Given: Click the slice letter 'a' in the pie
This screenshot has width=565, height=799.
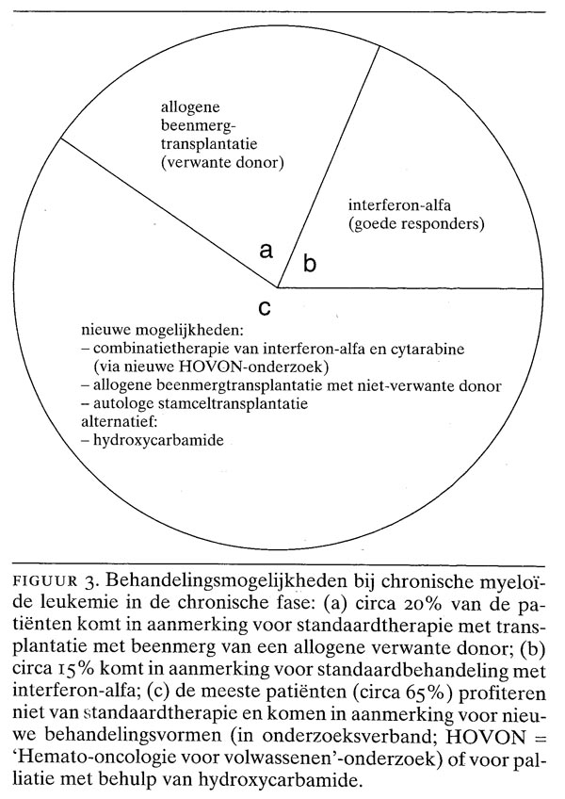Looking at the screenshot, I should (x=266, y=252).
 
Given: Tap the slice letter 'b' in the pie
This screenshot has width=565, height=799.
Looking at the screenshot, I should (x=309, y=265).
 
